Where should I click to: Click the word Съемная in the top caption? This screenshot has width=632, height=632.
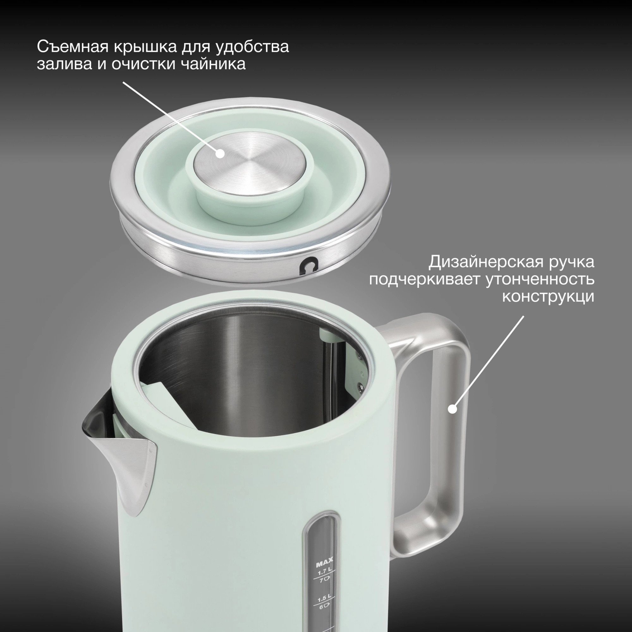click(x=72, y=47)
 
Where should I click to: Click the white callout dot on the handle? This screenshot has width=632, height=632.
click(x=453, y=409)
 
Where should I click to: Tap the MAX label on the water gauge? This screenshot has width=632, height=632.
click(x=324, y=564)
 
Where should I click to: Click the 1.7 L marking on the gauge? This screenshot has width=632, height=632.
click(x=324, y=573)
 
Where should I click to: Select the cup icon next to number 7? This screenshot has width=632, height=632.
click(x=327, y=580)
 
